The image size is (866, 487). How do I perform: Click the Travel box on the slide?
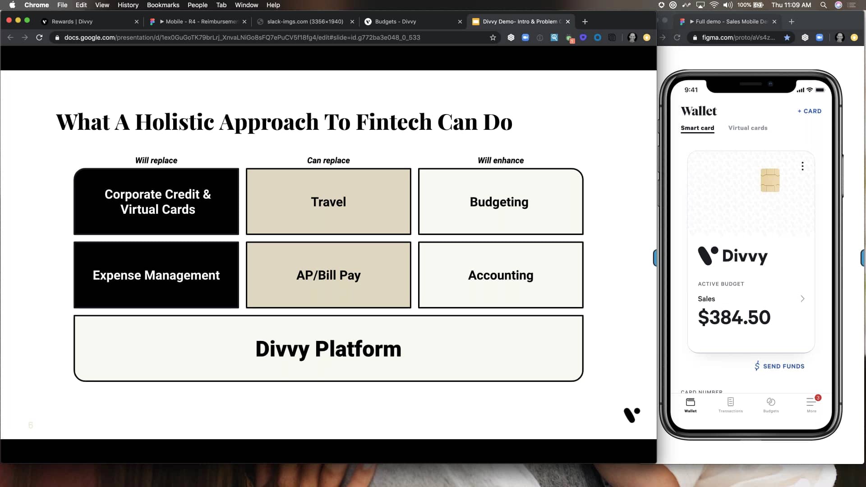coord(328,202)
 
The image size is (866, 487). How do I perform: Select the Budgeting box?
coord(500,202)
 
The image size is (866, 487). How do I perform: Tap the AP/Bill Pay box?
coord(328,275)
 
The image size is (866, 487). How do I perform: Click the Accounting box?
coord(500,275)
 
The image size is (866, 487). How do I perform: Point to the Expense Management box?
coord(156,275)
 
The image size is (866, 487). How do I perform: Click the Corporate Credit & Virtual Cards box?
coord(156,202)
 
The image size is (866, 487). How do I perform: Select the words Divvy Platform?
coord(328,349)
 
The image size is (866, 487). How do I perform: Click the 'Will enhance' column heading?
coord(501,161)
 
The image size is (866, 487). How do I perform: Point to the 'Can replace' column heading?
coord(328,161)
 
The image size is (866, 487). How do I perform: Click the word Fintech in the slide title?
coord(394,122)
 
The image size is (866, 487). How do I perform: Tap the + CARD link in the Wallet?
coord(810,111)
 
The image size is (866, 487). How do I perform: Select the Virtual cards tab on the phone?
coord(747,128)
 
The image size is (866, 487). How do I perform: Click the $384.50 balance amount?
coord(734,317)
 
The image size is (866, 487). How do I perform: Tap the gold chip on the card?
coord(770,180)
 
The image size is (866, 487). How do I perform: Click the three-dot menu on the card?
coord(802,166)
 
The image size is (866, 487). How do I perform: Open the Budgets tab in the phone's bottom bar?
coord(771,404)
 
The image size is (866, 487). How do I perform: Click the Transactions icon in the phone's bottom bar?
coord(730,404)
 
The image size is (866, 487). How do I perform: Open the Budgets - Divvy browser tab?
coord(396,22)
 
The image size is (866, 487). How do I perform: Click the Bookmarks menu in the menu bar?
coord(163,5)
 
